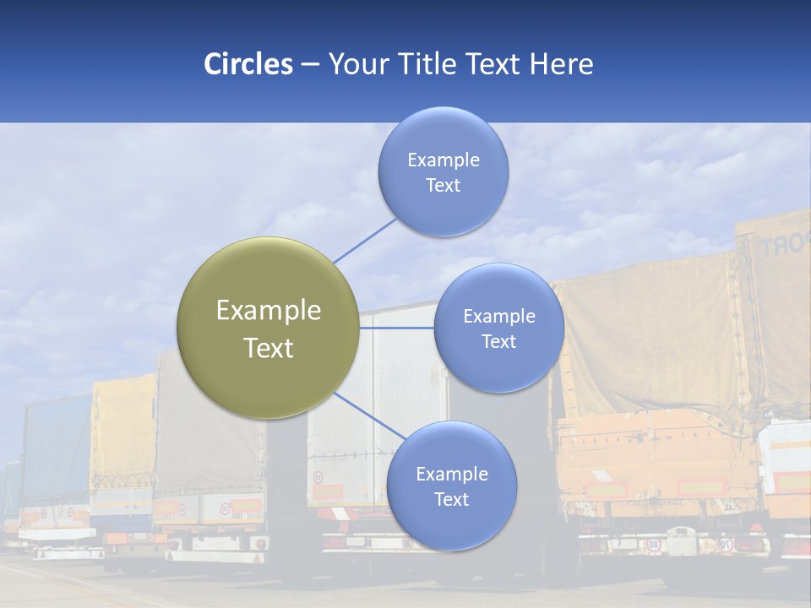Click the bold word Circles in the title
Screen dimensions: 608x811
pos(248,63)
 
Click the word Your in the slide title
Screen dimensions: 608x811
pos(357,63)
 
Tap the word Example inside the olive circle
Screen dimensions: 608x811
pos(269,311)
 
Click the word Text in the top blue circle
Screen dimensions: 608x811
pos(443,186)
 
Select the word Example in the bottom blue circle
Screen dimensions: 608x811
pos(451,475)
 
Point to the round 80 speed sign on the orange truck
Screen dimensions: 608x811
pos(654,544)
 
